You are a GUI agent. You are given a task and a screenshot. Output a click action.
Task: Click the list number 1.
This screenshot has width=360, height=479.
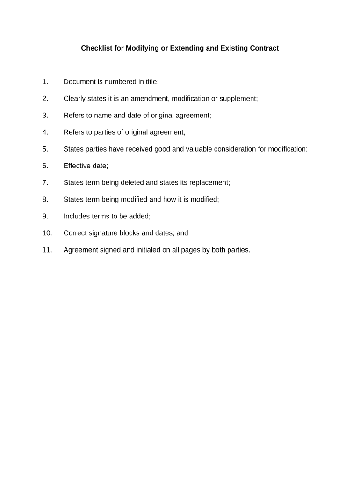click(45, 82)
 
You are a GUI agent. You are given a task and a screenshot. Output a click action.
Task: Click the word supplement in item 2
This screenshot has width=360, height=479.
click(238, 99)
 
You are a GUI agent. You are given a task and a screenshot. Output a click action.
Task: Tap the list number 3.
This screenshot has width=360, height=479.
click(45, 116)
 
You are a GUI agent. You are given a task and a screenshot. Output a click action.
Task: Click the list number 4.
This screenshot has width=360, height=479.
click(45, 132)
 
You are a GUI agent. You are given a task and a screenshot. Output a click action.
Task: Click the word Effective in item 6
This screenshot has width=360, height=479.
click(78, 166)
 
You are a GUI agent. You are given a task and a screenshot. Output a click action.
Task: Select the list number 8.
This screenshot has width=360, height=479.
click(45, 200)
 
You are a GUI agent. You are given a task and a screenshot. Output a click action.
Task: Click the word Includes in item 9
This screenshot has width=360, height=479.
click(77, 217)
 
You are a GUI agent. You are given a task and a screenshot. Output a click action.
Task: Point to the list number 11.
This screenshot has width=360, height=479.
click(47, 250)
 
